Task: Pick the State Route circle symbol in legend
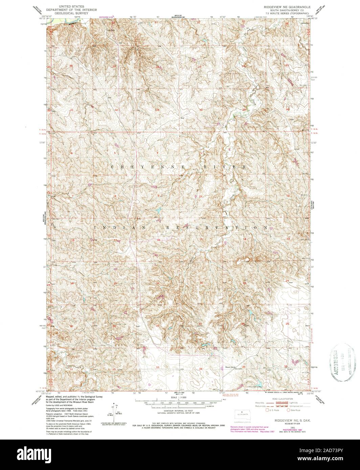[x=289, y=410]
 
